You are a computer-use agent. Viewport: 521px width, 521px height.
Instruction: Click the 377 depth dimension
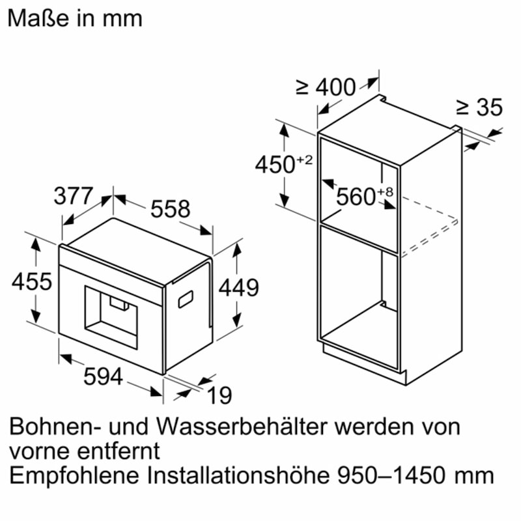click(74, 197)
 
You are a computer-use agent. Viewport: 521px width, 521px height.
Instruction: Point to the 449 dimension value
click(238, 287)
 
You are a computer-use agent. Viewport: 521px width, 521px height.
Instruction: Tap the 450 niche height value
click(275, 164)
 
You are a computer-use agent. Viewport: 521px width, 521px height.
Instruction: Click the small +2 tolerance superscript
click(305, 159)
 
